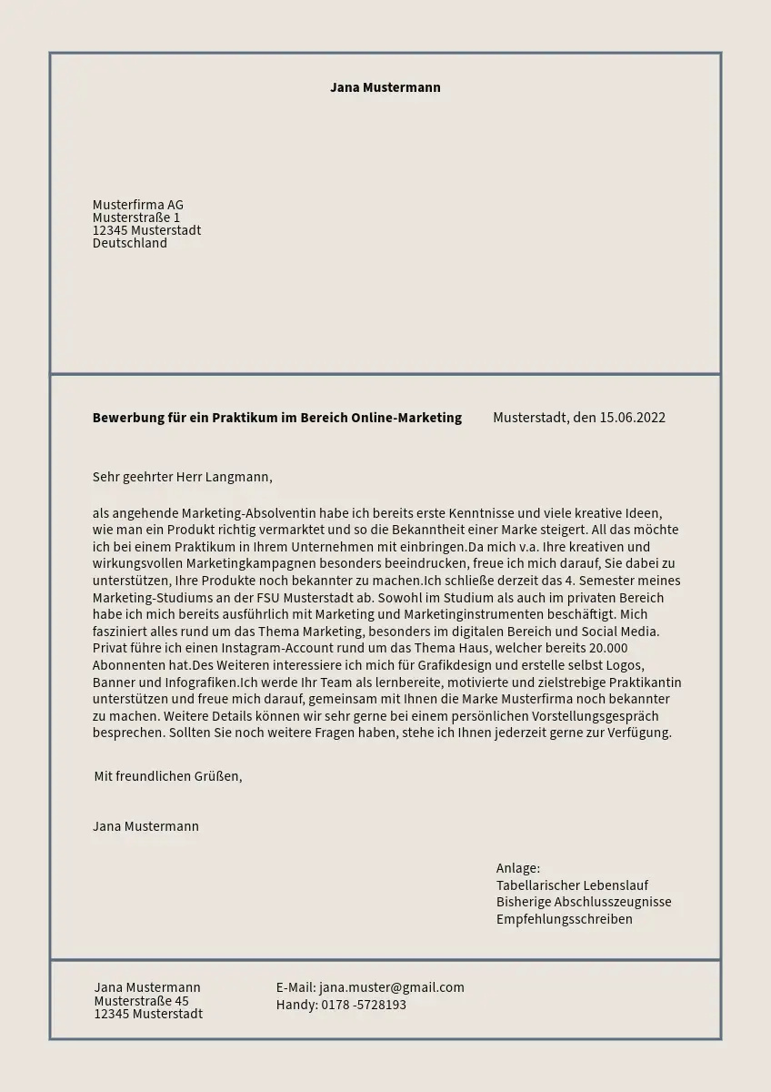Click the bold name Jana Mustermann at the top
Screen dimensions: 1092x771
[385, 87]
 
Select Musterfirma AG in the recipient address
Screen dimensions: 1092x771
[138, 205]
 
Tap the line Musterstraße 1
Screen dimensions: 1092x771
[136, 217]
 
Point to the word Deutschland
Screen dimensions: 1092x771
[130, 243]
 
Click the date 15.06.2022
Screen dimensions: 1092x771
[632, 418]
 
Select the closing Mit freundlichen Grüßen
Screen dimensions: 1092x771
[168, 776]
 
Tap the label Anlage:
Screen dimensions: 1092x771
[518, 868]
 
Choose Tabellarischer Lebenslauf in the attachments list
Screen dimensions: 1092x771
[572, 885]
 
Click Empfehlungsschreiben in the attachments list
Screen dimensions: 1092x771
[564, 919]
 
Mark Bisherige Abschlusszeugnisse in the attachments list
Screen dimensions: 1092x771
[584, 902]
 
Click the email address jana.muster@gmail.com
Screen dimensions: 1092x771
[392, 987]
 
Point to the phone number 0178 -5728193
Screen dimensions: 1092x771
[364, 1005]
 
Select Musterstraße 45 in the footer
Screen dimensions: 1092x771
[142, 1001]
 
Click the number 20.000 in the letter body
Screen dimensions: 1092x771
[608, 648]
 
